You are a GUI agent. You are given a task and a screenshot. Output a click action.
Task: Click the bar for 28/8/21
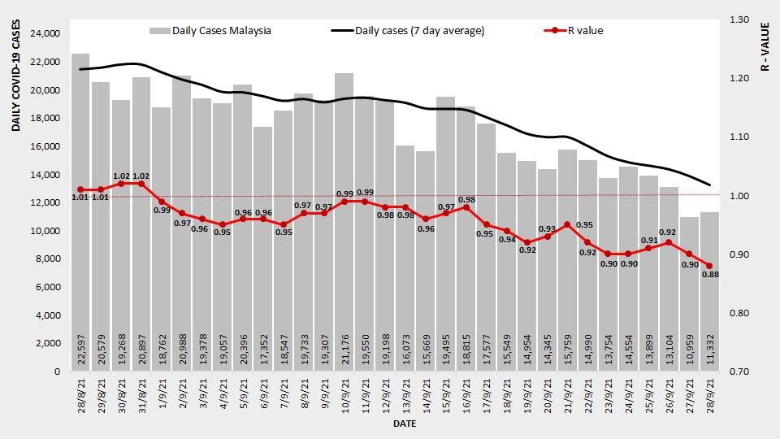(x=80, y=211)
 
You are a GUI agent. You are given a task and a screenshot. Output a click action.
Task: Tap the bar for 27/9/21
(x=689, y=293)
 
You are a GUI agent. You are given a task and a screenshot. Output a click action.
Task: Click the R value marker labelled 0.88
(x=709, y=266)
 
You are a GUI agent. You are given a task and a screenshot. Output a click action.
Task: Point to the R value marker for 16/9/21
(x=466, y=207)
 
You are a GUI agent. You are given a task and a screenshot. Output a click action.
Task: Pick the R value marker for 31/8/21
(x=141, y=184)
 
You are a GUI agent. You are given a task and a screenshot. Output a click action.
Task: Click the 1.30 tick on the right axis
(x=741, y=20)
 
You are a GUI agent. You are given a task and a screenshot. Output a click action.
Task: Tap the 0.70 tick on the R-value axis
(x=741, y=372)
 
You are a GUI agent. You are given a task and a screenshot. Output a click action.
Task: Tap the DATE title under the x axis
(x=405, y=424)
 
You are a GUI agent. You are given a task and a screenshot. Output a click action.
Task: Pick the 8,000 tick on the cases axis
(x=46, y=259)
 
